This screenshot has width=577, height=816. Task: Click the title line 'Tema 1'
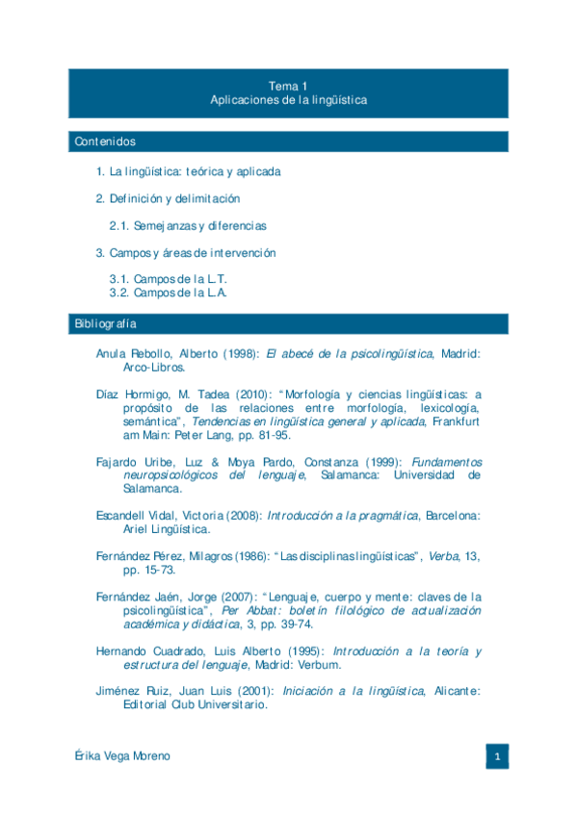[288, 86]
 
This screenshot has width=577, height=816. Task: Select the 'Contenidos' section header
[105, 141]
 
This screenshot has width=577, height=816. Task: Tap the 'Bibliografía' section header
[105, 323]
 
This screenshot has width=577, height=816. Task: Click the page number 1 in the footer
[497, 757]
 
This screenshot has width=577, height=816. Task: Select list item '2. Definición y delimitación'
[168, 198]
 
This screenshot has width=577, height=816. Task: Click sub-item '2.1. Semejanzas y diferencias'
[187, 225]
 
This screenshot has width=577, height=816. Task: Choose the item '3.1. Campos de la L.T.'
[168, 279]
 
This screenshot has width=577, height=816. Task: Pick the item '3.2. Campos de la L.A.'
[169, 293]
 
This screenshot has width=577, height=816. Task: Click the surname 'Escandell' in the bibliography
[120, 516]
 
